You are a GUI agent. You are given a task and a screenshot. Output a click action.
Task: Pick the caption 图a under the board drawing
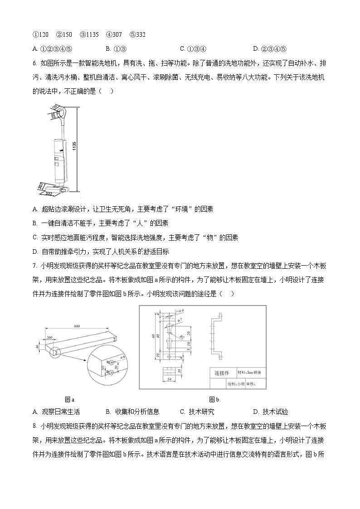(69, 400)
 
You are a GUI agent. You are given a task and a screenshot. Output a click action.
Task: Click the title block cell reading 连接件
(222, 373)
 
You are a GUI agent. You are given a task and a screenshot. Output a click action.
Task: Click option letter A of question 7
(35, 412)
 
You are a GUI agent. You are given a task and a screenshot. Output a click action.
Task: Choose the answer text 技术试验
(275, 412)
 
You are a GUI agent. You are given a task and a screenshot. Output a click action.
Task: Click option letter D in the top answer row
(256, 49)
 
